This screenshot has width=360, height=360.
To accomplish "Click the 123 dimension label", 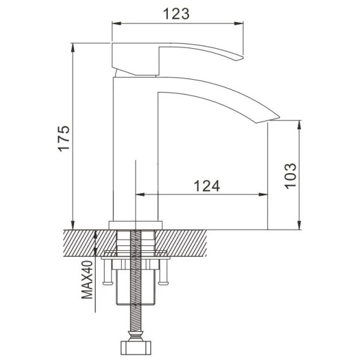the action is pos(176,14).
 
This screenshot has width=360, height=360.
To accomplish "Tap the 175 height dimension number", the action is pos(63,138).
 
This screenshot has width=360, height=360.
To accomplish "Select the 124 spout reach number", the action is pos(207,186).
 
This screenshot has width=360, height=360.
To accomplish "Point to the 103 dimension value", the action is pos(290,176).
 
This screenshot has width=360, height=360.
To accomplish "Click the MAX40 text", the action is pos(87,280).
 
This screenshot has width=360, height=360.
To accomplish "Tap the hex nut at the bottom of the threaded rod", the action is pos(136,348).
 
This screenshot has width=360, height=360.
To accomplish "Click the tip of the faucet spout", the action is pos(279,117).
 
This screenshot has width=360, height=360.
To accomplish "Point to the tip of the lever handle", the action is pos(243,57).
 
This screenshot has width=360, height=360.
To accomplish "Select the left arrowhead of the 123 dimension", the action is pos(117,23).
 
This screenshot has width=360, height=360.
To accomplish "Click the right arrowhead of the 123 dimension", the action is pos(238,23).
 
